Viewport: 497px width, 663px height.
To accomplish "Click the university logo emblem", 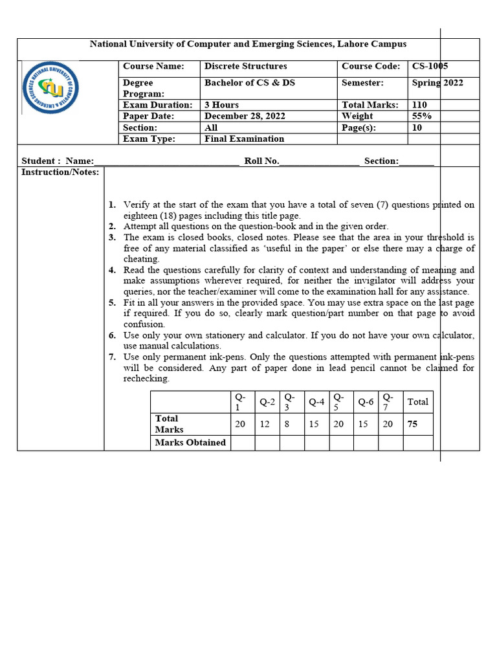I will pyautogui.click(x=50, y=88).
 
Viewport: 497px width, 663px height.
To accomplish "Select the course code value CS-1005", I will pyautogui.click(x=430, y=66).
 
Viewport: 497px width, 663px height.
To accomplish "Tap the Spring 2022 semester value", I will pyautogui.click(x=437, y=83).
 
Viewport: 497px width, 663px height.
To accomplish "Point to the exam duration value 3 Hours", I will pyautogui.click(x=221, y=105).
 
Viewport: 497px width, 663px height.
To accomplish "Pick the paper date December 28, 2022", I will pyautogui.click(x=245, y=116).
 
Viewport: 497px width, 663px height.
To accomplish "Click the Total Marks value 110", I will pyautogui.click(x=419, y=105).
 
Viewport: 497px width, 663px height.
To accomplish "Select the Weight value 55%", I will pyautogui.click(x=421, y=116).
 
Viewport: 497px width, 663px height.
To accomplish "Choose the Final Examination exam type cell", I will pyautogui.click(x=244, y=139).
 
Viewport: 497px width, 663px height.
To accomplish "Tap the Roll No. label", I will pyautogui.click(x=261, y=161).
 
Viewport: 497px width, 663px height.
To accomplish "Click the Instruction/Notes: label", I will pyautogui.click(x=60, y=172).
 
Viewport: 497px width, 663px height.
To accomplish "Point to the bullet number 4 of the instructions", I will pyautogui.click(x=112, y=270).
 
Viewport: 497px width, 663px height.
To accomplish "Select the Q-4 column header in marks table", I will pyautogui.click(x=316, y=402).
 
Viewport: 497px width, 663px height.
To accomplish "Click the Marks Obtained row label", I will pyautogui.click(x=190, y=443).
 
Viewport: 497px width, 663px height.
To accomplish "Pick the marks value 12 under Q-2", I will pyautogui.click(x=267, y=424).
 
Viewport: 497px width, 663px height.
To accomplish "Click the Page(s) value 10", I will pyautogui.click(x=417, y=128).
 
